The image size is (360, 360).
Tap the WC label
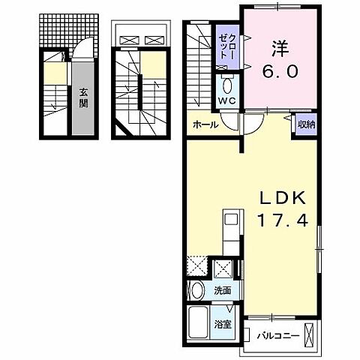[x=228, y=100]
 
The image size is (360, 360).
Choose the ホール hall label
[x=205, y=124]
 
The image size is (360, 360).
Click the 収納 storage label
[x=305, y=124]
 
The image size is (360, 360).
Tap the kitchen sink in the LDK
[x=230, y=222]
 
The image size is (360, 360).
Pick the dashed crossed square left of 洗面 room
[x=197, y=267]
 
